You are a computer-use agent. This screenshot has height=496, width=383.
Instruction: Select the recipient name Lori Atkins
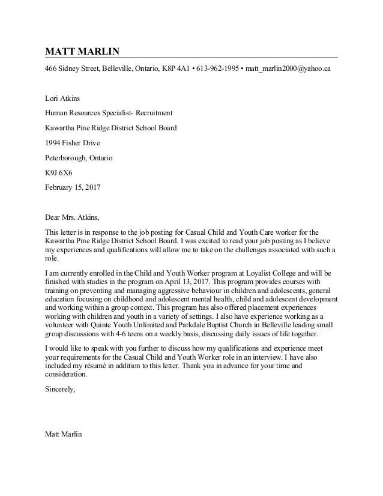[x=62, y=98]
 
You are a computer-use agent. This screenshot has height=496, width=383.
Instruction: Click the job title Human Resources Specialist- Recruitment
[x=109, y=113]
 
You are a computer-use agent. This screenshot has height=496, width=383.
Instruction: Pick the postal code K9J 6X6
[x=58, y=172]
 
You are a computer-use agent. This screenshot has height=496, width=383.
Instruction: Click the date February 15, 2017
[x=73, y=187]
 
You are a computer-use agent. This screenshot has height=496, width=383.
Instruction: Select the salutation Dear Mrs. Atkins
[x=72, y=217]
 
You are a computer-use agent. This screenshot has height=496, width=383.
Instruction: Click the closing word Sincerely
[x=60, y=389]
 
